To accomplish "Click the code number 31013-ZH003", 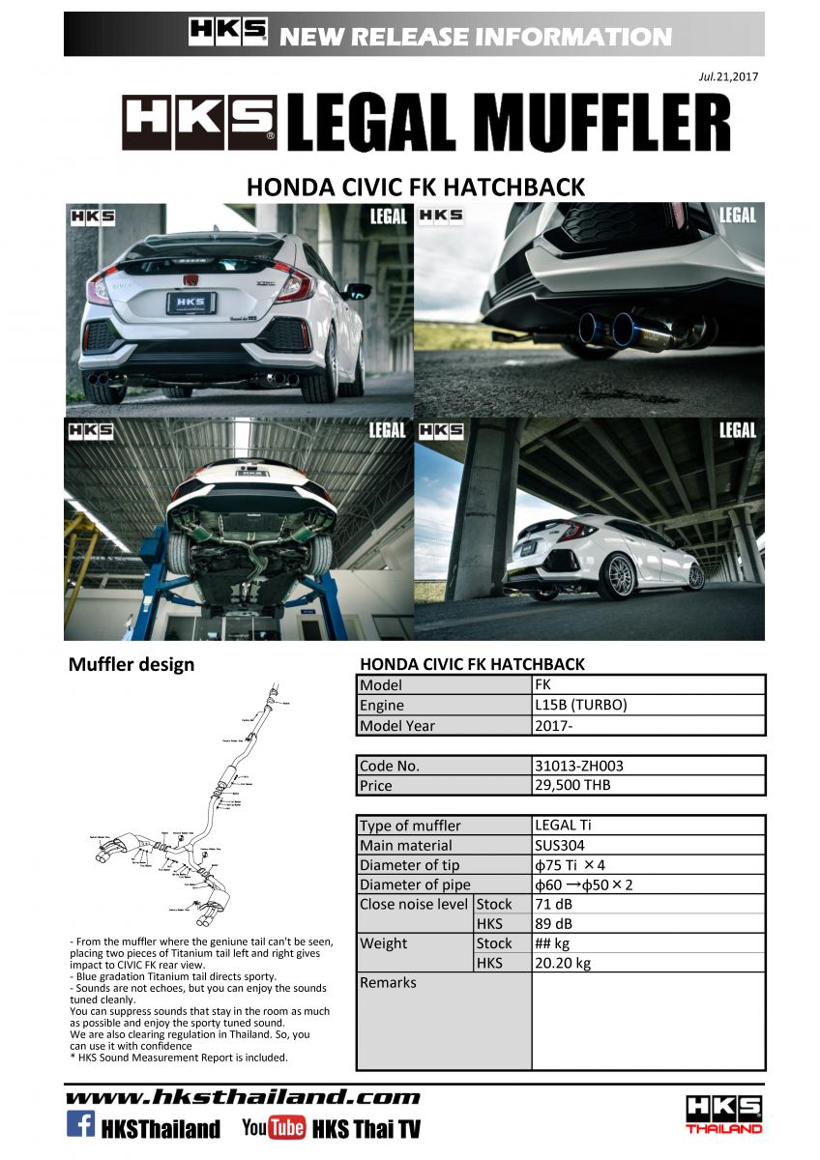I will pos(578,766).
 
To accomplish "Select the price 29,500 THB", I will pos(572,785).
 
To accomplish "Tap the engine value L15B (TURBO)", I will pos(580,705).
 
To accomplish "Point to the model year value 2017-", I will pos(552,725).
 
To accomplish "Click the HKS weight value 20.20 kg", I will pos(562,963).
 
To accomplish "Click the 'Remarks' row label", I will pos(388,982).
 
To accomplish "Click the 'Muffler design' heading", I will pos(132,664).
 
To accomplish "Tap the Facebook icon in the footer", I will pos(80,1124).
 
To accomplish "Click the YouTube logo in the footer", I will pos(274,1127).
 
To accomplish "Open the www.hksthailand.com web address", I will pos(243,1096).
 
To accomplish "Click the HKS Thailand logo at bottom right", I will pos(723,1114).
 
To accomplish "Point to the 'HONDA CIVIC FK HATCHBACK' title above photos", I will pos(416,186).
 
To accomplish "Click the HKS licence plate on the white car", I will pos(190,303).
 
